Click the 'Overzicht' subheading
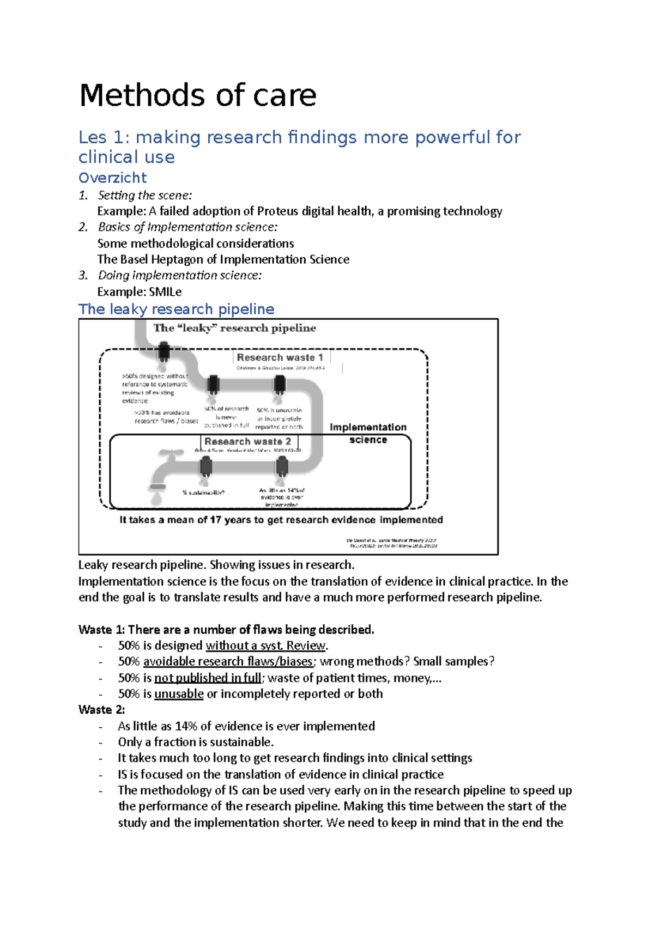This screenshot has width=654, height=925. click(112, 178)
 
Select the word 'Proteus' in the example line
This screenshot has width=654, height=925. click(278, 211)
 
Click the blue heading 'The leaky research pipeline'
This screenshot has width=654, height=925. click(176, 309)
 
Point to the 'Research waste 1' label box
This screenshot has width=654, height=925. click(280, 357)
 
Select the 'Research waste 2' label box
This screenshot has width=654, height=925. click(247, 441)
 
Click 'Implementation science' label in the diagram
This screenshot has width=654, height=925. click(368, 433)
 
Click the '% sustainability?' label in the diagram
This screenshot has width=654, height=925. click(203, 492)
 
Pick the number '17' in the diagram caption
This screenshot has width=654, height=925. click(215, 520)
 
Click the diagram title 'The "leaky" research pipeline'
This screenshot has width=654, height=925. click(234, 328)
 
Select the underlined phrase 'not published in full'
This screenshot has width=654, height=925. click(208, 678)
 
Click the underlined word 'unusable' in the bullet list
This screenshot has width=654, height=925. click(179, 693)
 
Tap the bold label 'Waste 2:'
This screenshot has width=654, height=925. click(101, 709)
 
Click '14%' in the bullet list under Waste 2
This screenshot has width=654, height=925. click(186, 726)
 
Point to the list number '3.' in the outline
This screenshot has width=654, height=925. click(83, 275)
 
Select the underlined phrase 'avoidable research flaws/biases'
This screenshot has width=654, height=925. click(228, 661)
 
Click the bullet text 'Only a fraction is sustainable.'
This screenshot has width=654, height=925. click(196, 742)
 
